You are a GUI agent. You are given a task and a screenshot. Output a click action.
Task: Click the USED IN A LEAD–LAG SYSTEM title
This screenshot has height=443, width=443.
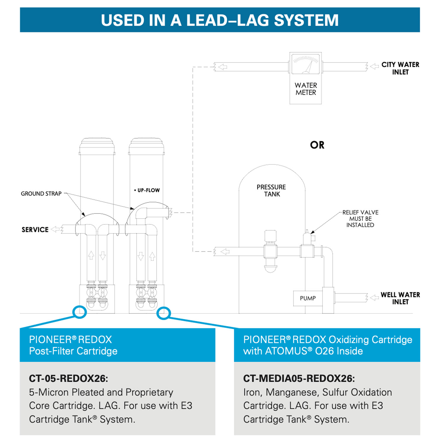point(220,20)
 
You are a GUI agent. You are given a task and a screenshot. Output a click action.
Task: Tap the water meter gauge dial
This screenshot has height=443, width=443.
point(305,63)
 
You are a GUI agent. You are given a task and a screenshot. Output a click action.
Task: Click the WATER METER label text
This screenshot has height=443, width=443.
point(306,89)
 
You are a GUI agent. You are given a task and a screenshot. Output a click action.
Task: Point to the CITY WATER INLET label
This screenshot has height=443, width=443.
point(400,68)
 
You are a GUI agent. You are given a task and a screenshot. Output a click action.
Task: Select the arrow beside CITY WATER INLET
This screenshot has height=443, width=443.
point(374,66)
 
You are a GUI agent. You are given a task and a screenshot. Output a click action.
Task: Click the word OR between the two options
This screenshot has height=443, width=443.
point(317,145)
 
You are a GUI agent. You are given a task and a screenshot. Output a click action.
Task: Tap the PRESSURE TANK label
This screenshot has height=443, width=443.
point(271,190)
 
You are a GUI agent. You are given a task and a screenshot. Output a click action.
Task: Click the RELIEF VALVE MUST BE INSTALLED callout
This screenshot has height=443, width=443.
point(360,219)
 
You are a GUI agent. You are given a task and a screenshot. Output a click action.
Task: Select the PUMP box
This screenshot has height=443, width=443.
point(307,298)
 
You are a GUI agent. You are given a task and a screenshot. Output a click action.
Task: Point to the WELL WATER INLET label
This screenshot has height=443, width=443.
point(400,298)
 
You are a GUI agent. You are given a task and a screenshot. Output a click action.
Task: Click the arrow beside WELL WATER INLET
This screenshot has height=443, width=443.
point(374,297)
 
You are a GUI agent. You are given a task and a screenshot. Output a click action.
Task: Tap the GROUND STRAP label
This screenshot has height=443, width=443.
point(41,194)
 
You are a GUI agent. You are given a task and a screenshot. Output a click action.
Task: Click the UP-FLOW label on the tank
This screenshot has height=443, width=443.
point(147,190)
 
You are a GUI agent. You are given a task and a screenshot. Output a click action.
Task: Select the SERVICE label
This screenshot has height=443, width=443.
point(35,230)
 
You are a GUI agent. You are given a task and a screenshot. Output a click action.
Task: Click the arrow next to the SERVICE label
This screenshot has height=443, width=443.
point(55,229)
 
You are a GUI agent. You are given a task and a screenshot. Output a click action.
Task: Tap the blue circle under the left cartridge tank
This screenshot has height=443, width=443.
point(80,312)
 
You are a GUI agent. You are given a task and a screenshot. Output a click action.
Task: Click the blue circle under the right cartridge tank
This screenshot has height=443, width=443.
point(163,313)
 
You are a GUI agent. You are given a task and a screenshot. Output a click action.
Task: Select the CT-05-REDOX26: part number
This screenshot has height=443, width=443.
point(69,378)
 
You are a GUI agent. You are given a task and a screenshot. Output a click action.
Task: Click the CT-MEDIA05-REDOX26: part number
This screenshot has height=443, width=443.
point(299,378)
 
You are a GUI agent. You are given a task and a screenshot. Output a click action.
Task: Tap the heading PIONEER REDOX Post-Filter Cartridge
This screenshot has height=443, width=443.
point(73,345)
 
